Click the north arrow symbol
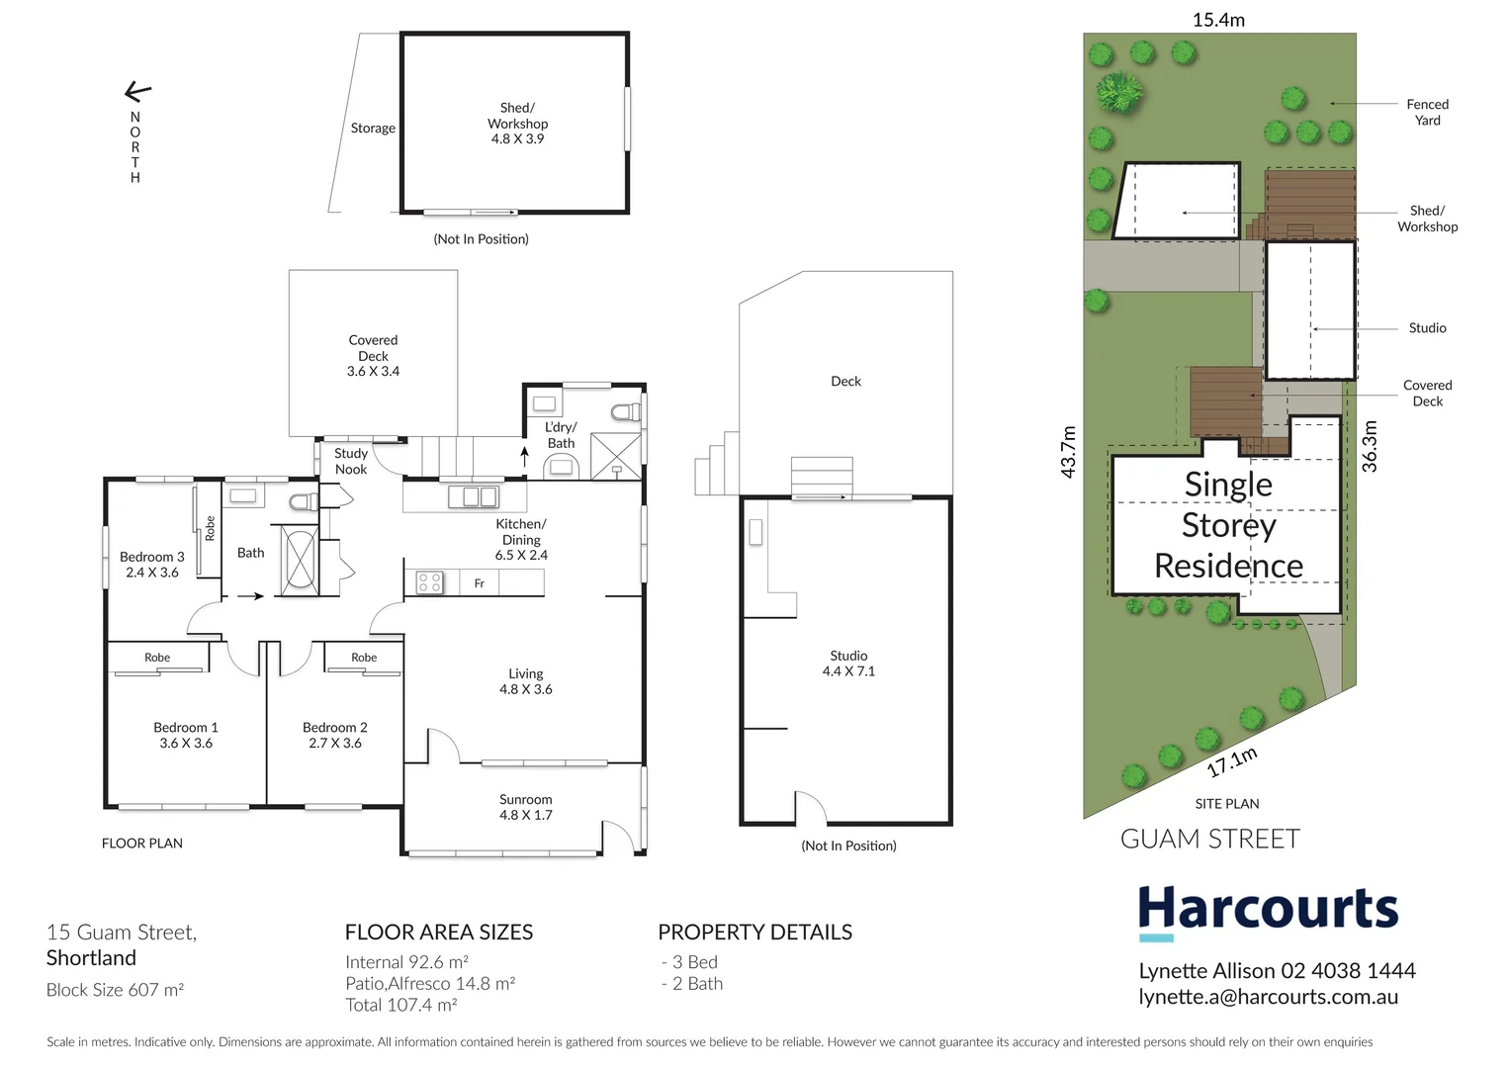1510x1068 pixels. pyautogui.click(x=137, y=93)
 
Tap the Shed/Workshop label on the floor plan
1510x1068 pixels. pyautogui.click(x=517, y=124)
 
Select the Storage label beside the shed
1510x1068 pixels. pyautogui.click(x=373, y=129)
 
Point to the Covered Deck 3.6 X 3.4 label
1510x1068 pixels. pyautogui.click(x=373, y=356)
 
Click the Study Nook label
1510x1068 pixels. pyautogui.click(x=351, y=462)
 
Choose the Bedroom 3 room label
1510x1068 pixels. pyautogui.click(x=151, y=565)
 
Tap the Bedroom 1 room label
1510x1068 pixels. pyautogui.click(x=186, y=735)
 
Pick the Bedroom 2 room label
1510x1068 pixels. pyautogui.click(x=335, y=735)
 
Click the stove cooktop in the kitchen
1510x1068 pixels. pyautogui.click(x=429, y=582)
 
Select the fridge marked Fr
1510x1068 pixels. pyautogui.click(x=480, y=583)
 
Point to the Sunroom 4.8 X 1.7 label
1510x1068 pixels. pyautogui.click(x=525, y=807)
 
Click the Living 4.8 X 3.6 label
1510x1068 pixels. pyautogui.click(x=525, y=681)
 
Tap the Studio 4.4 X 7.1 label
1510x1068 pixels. pyautogui.click(x=848, y=664)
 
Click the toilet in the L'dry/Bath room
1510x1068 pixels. pyautogui.click(x=624, y=411)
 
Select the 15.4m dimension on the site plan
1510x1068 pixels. pyautogui.click(x=1218, y=20)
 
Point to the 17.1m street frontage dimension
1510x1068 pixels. pyautogui.click(x=1232, y=761)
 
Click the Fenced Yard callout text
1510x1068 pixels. pyautogui.click(x=1427, y=112)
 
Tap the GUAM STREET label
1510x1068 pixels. pyautogui.click(x=1209, y=840)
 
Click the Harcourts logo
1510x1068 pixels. pyautogui.click(x=1268, y=910)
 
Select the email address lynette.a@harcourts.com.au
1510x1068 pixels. pyautogui.click(x=1268, y=997)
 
